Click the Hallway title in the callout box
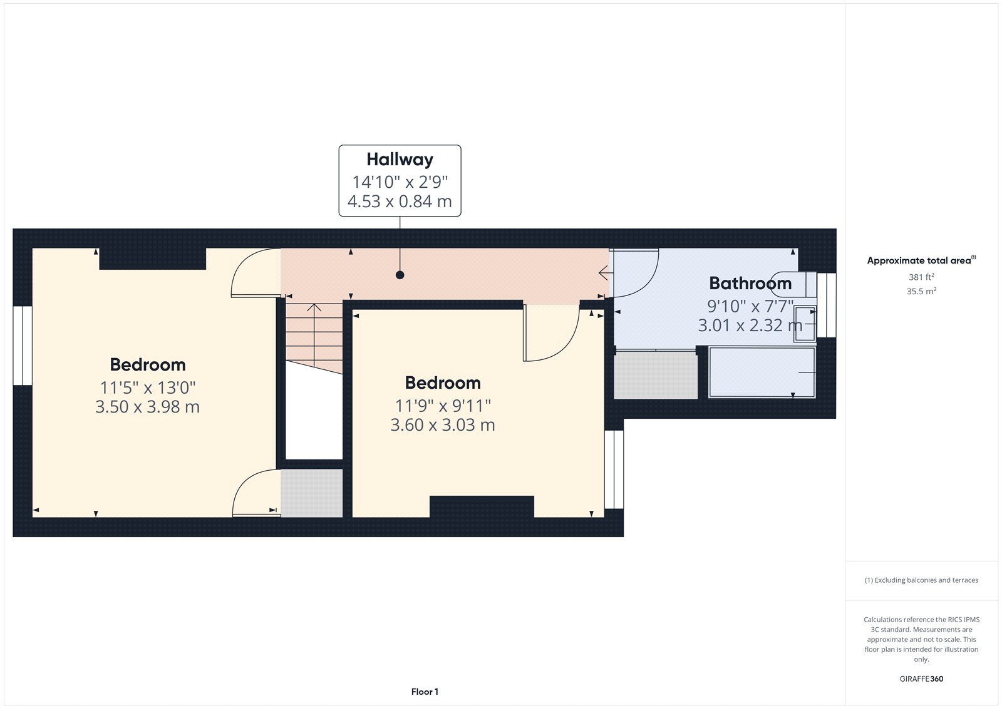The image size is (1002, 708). coord(400,160)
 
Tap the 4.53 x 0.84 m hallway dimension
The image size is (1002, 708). coord(400,202)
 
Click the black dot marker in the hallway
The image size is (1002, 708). coord(400,275)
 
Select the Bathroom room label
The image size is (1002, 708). coord(750,284)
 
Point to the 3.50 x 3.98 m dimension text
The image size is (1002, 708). coord(147,407)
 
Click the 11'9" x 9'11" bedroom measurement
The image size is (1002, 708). coord(442,406)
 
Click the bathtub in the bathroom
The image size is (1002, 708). coord(762,372)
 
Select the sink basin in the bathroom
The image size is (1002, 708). coord(805,324)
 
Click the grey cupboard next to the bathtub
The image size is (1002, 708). coord(655,374)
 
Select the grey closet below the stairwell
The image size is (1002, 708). coord(311,493)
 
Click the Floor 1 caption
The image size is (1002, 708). coord(425,692)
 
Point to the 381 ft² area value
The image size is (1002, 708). coord(921,277)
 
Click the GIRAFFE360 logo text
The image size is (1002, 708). coord(921,679)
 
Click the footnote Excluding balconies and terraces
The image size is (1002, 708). coord(921,580)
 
